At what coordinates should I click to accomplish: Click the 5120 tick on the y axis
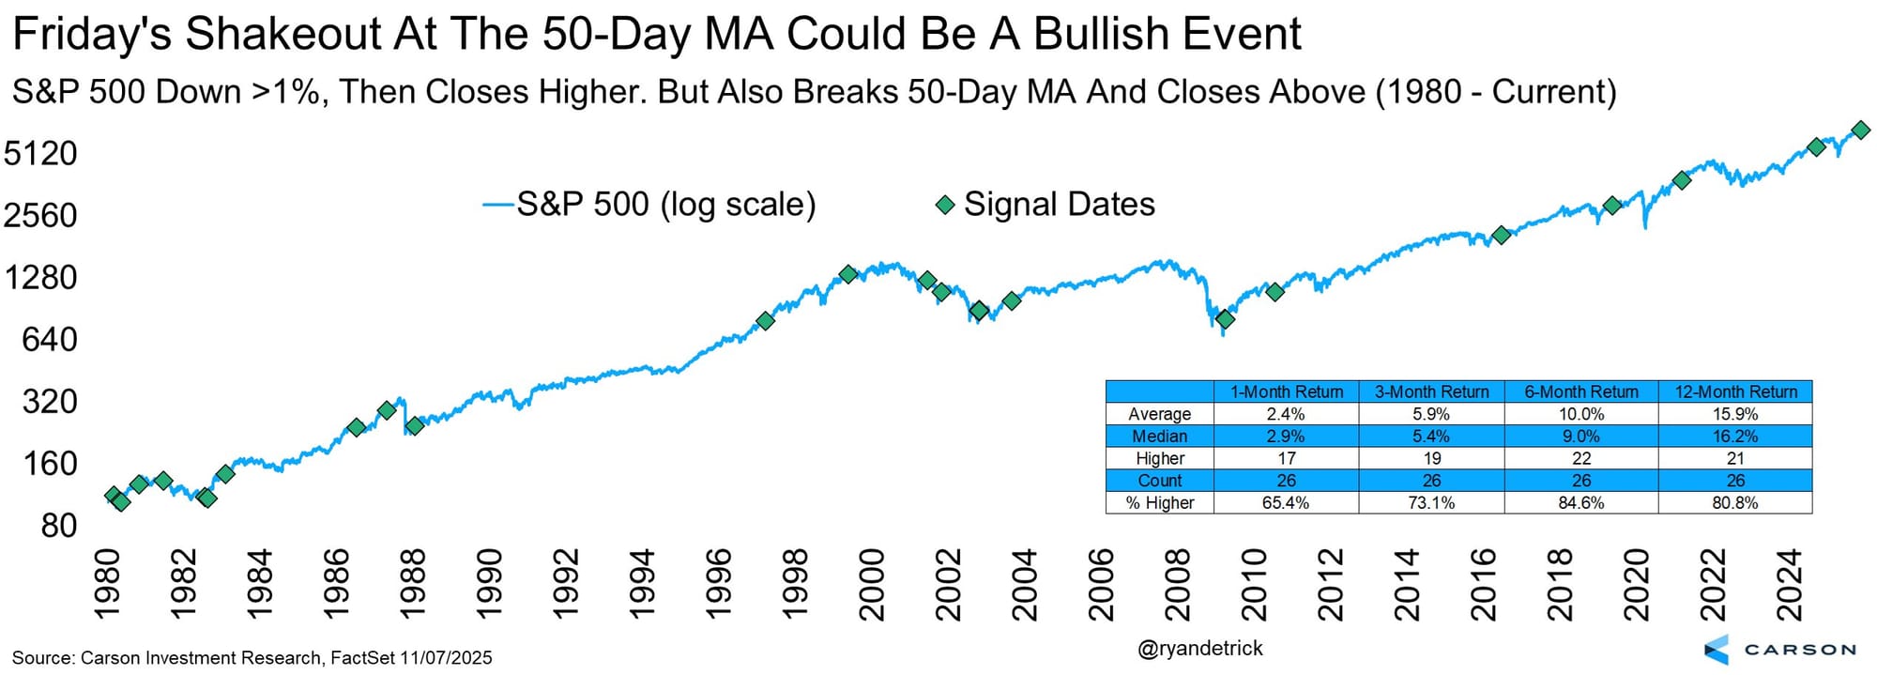pos(40,153)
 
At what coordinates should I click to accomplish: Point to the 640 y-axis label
pos(50,339)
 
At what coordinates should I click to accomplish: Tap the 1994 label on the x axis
pos(641,584)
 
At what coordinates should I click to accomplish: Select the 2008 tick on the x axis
pos(1177,584)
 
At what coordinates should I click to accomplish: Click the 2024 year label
pos(1790,584)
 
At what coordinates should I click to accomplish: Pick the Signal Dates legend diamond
pos(945,205)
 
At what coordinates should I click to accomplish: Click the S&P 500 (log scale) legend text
pos(666,205)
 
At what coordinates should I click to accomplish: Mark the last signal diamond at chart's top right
pos(1860,130)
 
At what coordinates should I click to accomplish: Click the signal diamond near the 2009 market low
pos(1224,320)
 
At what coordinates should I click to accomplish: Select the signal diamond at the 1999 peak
pos(848,274)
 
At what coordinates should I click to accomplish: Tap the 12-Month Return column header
pos(1735,391)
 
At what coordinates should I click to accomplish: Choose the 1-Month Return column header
pos(1287,391)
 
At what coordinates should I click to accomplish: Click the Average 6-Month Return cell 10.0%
pos(1581,414)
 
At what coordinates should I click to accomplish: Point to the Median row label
pos(1160,437)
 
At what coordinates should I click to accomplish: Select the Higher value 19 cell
pos(1431,458)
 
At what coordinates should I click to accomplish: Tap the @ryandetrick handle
pos(1200,649)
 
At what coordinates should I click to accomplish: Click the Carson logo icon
pos(1717,650)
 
